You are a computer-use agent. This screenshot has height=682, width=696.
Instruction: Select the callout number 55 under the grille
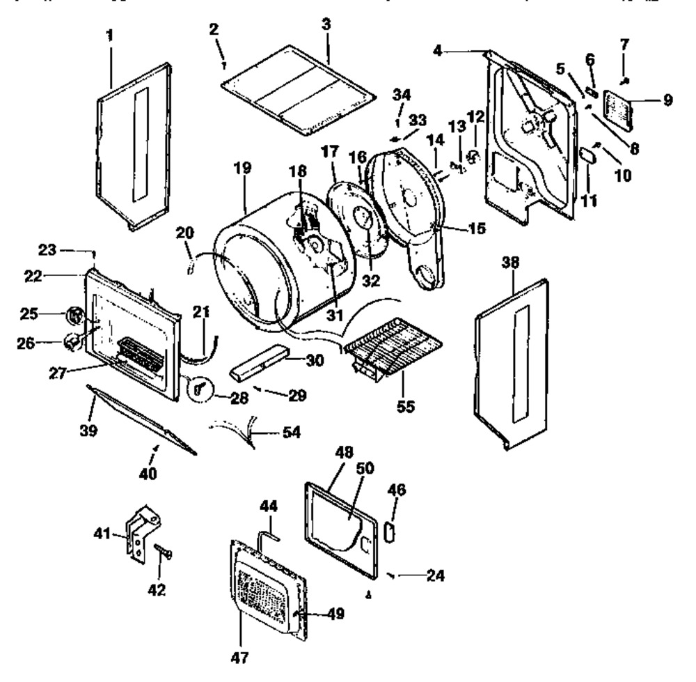404,405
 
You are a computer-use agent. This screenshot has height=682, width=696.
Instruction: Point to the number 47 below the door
241,656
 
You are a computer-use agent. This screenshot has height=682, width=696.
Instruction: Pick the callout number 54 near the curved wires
291,433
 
